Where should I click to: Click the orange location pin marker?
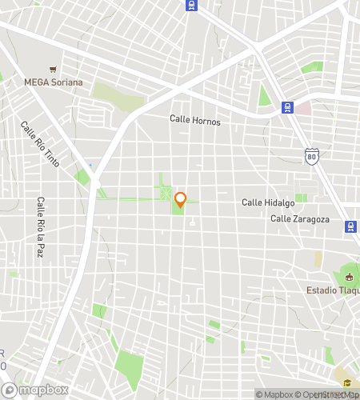coord(180,200)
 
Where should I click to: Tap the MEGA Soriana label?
coord(53,82)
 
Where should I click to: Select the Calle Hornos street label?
coord(194,120)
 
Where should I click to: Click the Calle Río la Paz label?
coord(39,226)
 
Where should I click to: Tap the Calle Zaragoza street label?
coord(299,218)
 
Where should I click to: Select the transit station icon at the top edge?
coord(190,5)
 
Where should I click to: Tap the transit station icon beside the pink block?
coord(286,107)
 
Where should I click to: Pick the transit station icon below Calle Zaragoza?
coord(350,226)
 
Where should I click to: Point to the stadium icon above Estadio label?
coord(349,274)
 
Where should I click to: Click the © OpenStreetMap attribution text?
coord(328,394)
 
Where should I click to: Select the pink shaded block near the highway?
coord(302,108)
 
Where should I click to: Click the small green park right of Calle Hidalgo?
coord(301,198)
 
